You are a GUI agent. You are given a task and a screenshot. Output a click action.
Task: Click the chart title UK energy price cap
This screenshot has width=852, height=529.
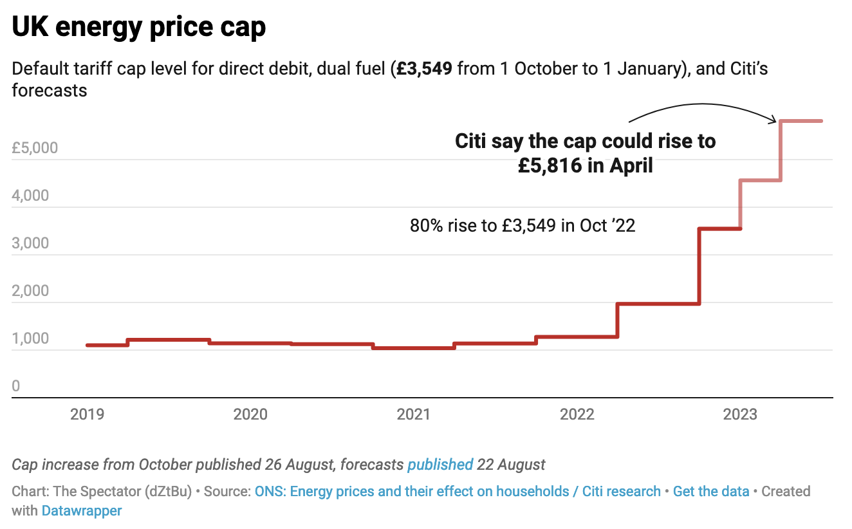tap(139, 28)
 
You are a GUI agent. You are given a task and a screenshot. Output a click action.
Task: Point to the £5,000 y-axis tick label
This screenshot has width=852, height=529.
tap(35, 148)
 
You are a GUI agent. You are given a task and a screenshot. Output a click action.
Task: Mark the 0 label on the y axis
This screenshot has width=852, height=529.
tap(16, 386)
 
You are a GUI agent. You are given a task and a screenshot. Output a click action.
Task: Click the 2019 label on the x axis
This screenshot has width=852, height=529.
tap(87, 414)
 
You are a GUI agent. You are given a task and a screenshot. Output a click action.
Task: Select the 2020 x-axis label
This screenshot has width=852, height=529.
tap(250, 414)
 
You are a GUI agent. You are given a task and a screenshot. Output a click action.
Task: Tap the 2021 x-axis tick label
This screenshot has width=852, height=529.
tap(413, 414)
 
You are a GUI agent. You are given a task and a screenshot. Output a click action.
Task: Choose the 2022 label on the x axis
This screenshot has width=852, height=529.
tap(577, 414)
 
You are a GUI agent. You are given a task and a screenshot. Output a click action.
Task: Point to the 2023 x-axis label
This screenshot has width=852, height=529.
tap(740, 414)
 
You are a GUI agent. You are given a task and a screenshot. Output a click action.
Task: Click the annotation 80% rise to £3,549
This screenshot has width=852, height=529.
tap(523, 226)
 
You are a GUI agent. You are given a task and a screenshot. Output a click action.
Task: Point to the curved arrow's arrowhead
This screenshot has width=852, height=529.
tap(775, 119)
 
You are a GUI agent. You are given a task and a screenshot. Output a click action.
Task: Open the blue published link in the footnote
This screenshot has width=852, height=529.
tap(440, 464)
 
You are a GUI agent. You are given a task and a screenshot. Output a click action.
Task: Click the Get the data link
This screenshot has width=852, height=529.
tap(711, 491)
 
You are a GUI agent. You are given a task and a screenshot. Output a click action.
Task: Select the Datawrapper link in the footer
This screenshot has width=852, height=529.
tap(82, 511)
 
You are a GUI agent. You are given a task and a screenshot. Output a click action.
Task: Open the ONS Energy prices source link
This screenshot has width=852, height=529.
tap(412, 491)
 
